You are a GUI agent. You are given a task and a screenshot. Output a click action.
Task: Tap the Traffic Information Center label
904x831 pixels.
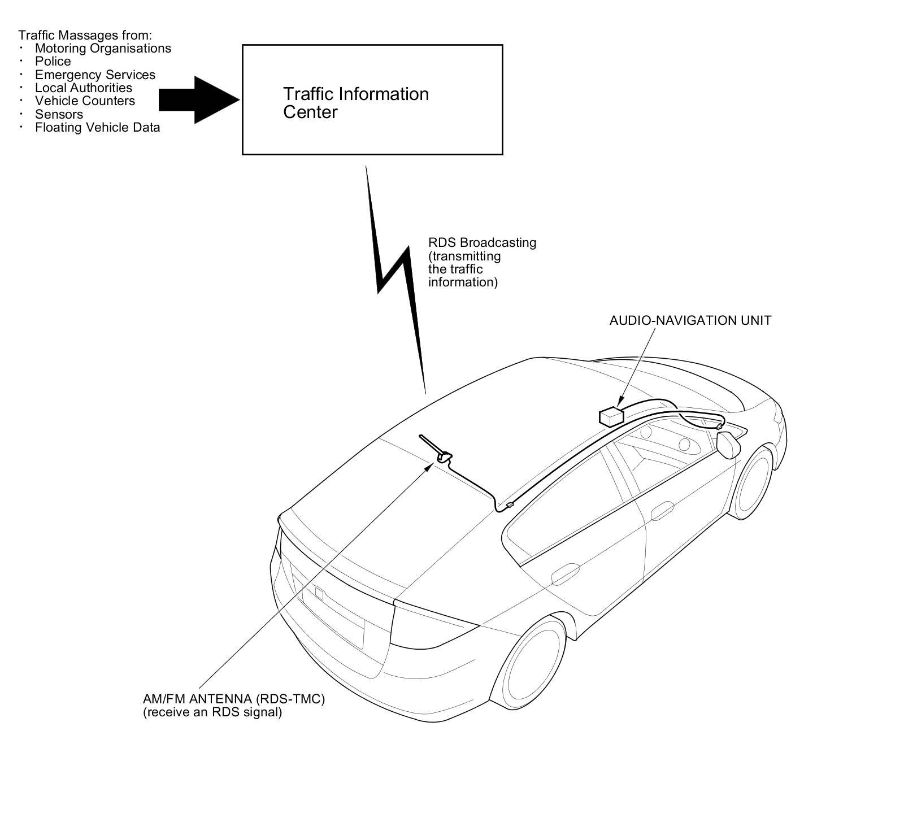click(x=355, y=103)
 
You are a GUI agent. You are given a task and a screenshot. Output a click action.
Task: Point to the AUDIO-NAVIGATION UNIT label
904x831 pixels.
click(x=690, y=320)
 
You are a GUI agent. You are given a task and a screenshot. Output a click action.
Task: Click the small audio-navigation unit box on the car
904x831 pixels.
click(x=610, y=417)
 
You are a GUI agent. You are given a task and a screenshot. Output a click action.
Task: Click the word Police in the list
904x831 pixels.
click(x=53, y=62)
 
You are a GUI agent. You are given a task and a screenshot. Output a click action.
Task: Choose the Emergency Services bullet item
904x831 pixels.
click(x=95, y=75)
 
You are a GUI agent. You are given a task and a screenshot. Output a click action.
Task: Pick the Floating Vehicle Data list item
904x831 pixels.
click(x=97, y=128)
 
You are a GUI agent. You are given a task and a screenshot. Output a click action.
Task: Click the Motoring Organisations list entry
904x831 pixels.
click(x=103, y=49)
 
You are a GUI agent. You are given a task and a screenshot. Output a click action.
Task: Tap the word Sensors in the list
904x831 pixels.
click(x=59, y=114)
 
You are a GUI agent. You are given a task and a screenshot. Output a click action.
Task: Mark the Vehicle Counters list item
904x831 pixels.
click(x=85, y=101)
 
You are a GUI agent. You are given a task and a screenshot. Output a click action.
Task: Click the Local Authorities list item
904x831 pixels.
click(x=84, y=88)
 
